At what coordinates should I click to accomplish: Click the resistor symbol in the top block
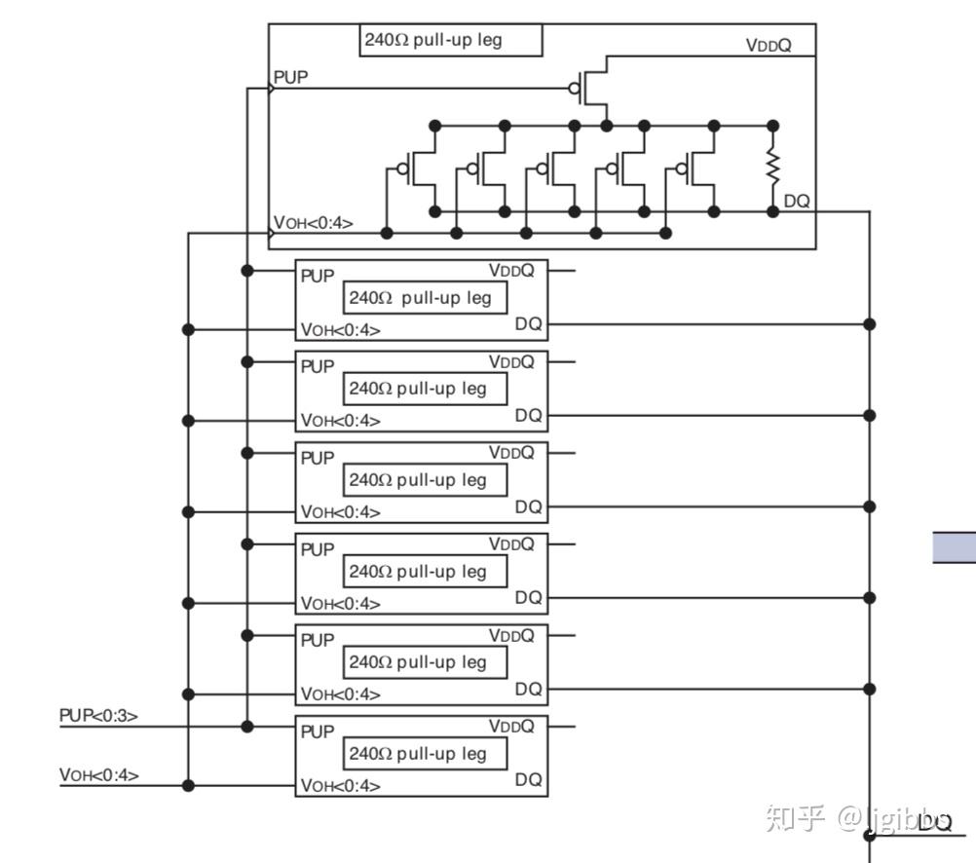click(772, 167)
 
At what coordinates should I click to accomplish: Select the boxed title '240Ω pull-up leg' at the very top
click(451, 41)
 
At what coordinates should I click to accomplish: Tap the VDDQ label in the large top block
click(769, 45)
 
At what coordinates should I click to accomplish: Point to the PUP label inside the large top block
click(290, 77)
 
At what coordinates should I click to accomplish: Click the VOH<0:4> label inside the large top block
click(313, 222)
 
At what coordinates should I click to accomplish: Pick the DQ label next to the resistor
click(796, 201)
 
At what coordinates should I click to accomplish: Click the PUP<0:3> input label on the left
click(98, 715)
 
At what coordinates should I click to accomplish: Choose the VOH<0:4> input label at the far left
click(98, 774)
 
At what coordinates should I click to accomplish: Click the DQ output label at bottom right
click(935, 822)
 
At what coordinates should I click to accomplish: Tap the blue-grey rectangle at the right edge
click(955, 547)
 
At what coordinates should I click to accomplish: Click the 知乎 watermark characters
click(796, 817)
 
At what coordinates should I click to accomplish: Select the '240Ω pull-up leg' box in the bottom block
click(425, 753)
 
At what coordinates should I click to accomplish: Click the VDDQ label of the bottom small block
click(511, 726)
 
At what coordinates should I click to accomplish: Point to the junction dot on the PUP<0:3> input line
click(247, 726)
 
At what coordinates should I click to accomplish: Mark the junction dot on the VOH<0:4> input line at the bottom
click(188, 786)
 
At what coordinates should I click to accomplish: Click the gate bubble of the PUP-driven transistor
click(574, 89)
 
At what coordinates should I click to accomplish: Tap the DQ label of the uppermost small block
click(529, 323)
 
